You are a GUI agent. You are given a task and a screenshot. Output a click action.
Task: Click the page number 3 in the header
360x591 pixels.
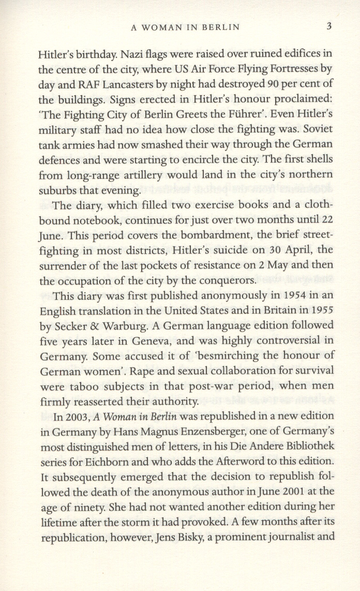(x=329, y=26)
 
